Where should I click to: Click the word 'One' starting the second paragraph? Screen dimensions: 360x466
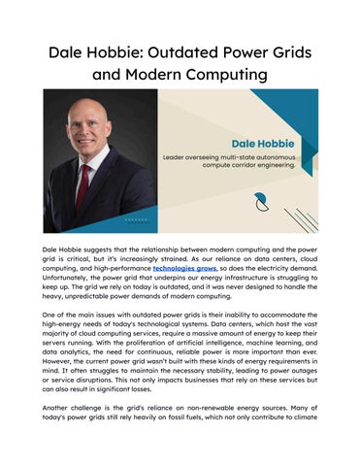(51, 316)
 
